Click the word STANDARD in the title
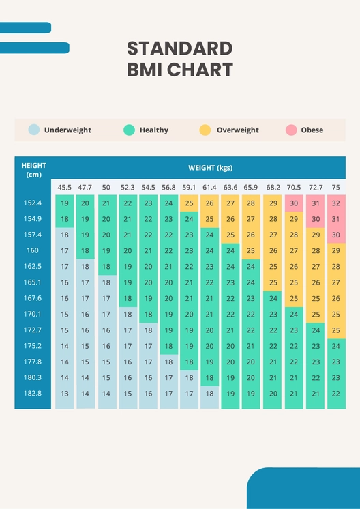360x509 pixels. pos(180,48)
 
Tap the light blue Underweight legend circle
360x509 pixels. pos(33,130)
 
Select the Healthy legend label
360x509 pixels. pos(153,130)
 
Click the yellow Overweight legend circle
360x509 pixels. pos(205,130)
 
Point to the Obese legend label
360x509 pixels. pos(312,130)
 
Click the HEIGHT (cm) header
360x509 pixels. pos(33,170)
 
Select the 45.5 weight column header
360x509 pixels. pos(65,187)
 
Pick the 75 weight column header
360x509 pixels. pos(335,187)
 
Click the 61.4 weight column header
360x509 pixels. pos(210,187)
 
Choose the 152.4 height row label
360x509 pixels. pos(33,203)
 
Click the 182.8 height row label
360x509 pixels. pos(33,394)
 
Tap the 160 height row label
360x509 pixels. pos(33,251)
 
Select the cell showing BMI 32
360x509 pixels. pos(335,203)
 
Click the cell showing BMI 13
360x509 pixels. pos(65,394)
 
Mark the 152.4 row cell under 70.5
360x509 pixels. pos(294,203)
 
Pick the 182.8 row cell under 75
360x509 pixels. pos(335,394)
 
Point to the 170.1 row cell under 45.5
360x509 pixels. pos(65,315)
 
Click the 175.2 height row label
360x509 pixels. pos(33,346)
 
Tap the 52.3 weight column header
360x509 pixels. pos(127,187)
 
